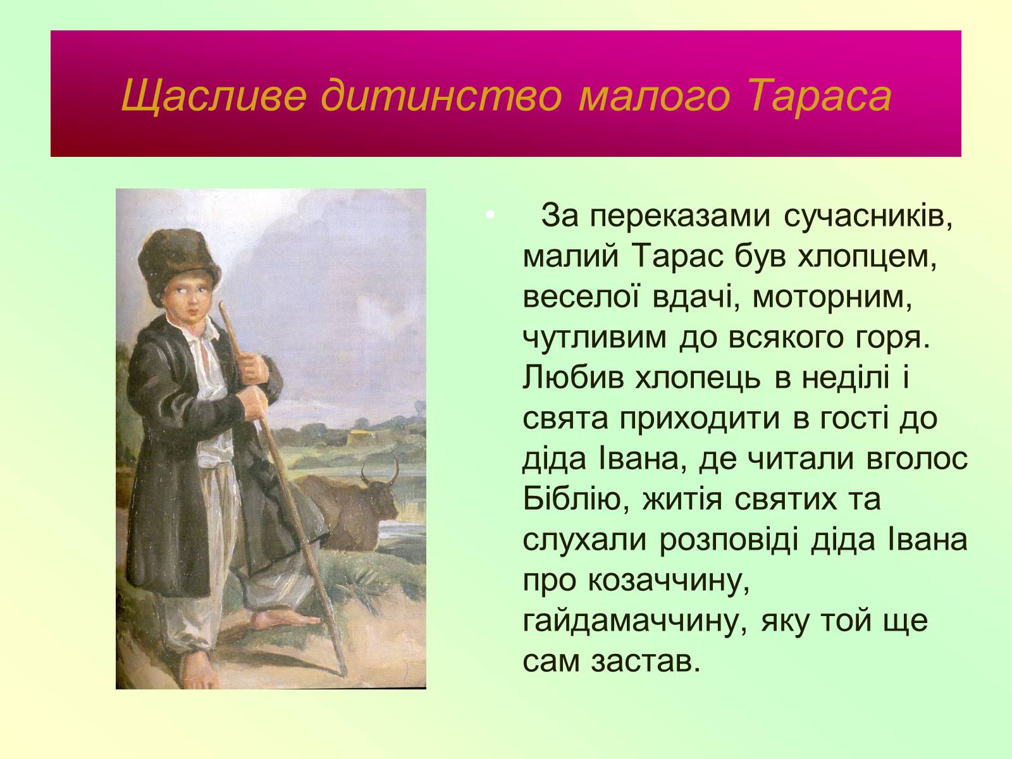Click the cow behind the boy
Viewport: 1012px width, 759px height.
pyautogui.click(x=350, y=507)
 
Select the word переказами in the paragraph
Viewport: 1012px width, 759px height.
pyautogui.click(x=680, y=216)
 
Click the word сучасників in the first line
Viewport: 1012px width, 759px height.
pyautogui.click(x=868, y=216)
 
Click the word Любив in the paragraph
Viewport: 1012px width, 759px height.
pyautogui.click(x=572, y=378)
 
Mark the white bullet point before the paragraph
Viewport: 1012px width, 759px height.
pyautogui.click(x=490, y=214)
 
